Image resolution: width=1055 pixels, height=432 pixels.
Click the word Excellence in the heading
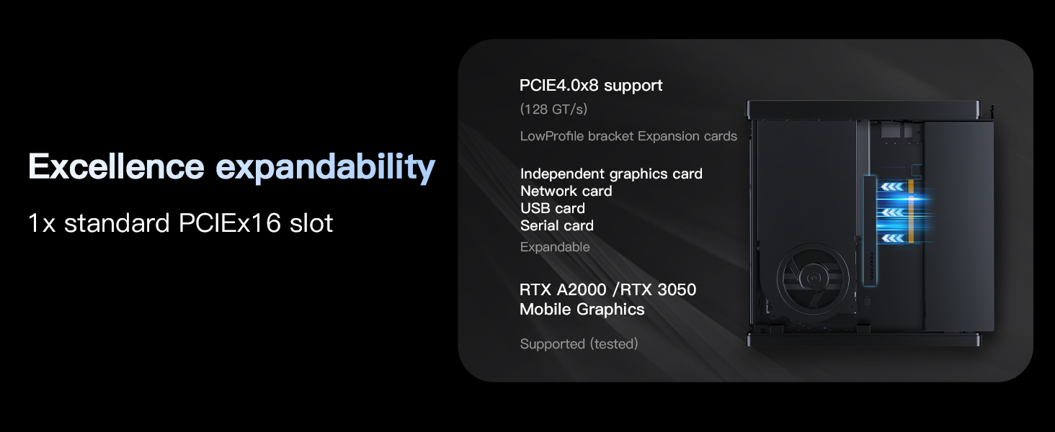click(115, 167)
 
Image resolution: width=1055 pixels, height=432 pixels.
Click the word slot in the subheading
click(311, 223)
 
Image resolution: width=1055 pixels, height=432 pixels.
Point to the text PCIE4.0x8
click(559, 85)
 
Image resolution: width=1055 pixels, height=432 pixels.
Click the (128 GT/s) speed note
click(553, 109)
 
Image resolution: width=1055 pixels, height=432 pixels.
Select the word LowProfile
click(552, 136)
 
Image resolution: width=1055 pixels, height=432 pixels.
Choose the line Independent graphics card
click(611, 174)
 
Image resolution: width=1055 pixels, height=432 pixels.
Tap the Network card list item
click(566, 191)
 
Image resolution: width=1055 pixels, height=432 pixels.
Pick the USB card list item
click(553, 208)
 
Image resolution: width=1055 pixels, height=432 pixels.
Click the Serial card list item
click(557, 225)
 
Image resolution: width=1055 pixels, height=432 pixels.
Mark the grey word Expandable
click(555, 247)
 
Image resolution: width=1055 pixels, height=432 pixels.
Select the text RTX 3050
click(658, 289)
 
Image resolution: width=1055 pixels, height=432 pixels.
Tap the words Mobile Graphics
click(582, 310)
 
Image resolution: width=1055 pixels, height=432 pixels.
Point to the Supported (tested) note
click(579, 344)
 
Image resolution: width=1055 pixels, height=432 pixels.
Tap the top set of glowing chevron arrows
click(892, 187)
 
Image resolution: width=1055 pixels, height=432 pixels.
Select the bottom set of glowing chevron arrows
click(892, 238)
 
